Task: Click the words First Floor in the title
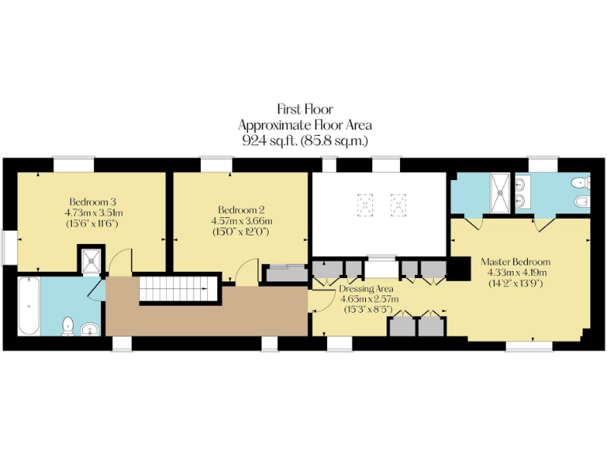(x=305, y=109)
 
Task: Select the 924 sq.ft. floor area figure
(x=305, y=140)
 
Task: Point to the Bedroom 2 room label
(x=241, y=209)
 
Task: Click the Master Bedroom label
(x=516, y=261)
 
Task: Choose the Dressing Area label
(x=367, y=288)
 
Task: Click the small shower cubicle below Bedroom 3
(x=91, y=259)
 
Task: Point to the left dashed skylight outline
(x=366, y=206)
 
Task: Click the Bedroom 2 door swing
(x=247, y=271)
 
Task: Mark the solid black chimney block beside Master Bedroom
(x=458, y=269)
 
